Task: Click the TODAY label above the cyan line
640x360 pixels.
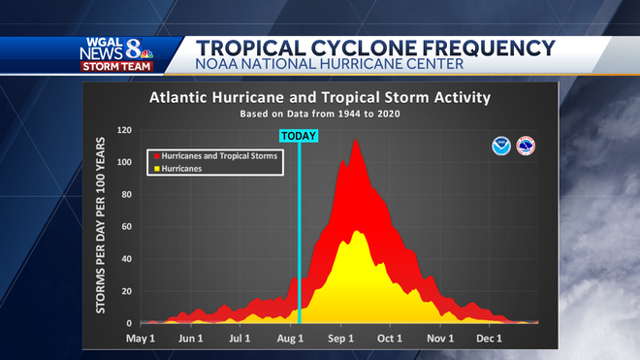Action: [x=299, y=136]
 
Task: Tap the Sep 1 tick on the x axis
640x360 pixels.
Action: [x=341, y=339]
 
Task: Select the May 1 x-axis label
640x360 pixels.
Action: [x=142, y=339]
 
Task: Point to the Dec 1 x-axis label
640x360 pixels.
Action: [x=490, y=339]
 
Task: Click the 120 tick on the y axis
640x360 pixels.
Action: [x=124, y=130]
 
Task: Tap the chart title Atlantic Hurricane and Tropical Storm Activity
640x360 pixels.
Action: [x=319, y=98]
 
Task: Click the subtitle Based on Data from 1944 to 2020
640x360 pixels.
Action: [x=319, y=114]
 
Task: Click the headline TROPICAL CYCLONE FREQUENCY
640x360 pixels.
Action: [x=375, y=48]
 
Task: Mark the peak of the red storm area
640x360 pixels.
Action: [x=355, y=141]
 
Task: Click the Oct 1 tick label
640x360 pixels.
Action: [x=390, y=339]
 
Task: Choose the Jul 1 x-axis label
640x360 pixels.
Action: [x=241, y=339]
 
